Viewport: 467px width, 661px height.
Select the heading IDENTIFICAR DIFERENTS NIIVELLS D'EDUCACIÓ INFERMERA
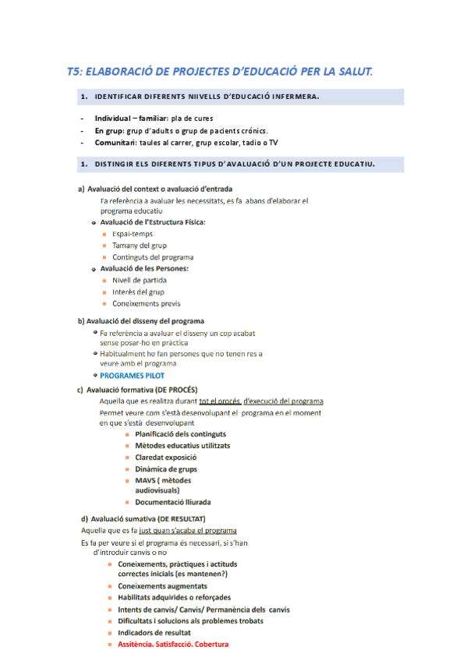[207, 97]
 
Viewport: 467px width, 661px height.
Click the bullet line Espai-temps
[132, 234]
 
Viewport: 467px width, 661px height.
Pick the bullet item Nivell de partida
[139, 280]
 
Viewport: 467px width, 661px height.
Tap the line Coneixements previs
[146, 303]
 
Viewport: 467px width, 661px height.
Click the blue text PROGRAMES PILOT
[132, 375]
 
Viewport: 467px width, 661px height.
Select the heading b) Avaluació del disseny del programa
[141, 321]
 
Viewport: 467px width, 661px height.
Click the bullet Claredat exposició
[165, 457]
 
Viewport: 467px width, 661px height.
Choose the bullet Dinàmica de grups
[165, 468]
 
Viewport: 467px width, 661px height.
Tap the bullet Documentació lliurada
[172, 503]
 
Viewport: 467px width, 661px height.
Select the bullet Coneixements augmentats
[162, 586]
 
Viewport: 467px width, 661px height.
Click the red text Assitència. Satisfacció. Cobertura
[173, 645]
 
